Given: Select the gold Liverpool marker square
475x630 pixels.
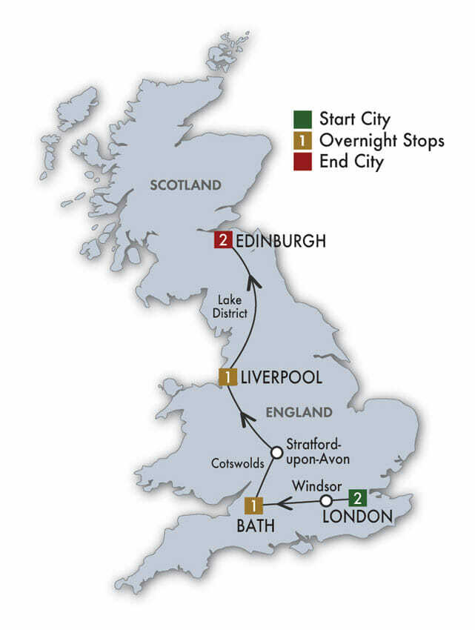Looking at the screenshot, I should tap(227, 377).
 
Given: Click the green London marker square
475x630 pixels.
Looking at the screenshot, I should tap(357, 497).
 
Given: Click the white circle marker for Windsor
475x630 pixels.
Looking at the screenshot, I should tap(325, 502).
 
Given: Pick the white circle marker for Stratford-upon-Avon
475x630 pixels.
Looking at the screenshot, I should tap(276, 451).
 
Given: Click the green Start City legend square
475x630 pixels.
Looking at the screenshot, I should tap(300, 119).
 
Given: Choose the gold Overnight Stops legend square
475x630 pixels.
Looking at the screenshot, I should tap(300, 140).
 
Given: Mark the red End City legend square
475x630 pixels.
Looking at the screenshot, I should tap(300, 161).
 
